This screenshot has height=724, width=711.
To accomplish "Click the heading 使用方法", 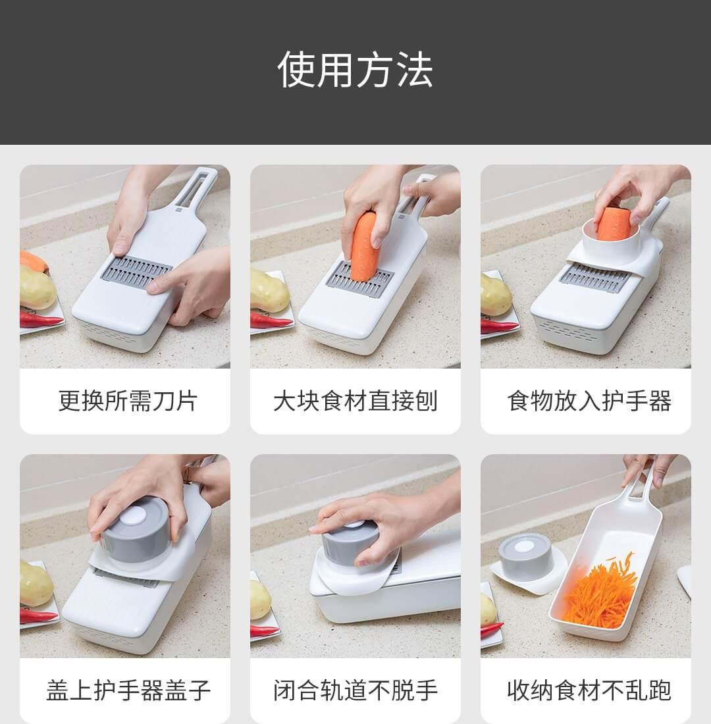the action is pos(355,70).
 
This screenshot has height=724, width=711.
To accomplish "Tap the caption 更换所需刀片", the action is pos(128,400).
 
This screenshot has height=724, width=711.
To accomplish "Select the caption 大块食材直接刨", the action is pos(355,400).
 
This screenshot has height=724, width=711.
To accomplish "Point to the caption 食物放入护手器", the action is pos(589,400).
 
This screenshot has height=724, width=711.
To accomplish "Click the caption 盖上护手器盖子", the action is pos(128,690).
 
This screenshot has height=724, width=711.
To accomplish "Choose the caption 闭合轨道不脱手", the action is pos(355,690).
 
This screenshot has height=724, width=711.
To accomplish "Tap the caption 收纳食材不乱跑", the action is pos(589,690).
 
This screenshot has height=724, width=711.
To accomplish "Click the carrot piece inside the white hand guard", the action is pos(613,223).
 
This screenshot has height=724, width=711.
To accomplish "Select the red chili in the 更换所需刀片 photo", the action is pos(41,318).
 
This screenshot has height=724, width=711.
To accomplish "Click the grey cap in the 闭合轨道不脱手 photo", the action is pos(351,545).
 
